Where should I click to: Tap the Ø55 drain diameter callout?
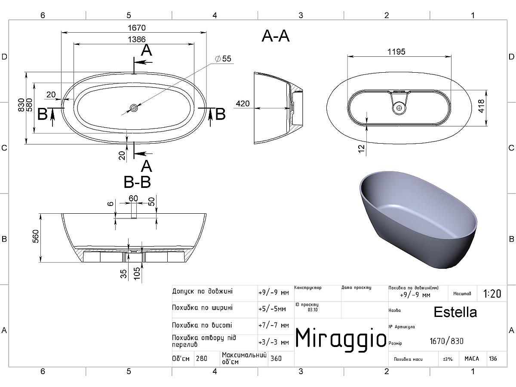point(224,58)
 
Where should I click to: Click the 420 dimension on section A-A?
point(243,104)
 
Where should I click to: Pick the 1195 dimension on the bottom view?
point(396,52)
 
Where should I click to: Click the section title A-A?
point(276,37)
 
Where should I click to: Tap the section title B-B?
point(137,183)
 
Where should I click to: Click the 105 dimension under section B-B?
point(137,274)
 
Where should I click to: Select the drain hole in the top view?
point(134,107)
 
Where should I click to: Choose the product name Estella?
point(455,312)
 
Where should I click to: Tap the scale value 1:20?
point(492,294)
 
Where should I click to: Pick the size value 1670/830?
point(447,341)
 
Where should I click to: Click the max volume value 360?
point(276,358)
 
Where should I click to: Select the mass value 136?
point(493,359)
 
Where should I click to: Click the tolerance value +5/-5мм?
point(272,309)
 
